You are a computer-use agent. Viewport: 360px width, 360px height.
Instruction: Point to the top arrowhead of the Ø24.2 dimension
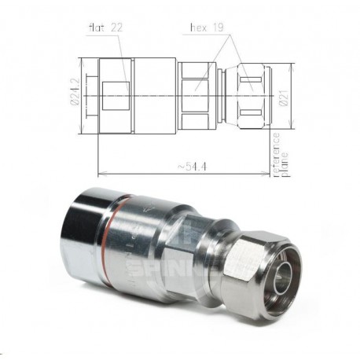pyautogui.click(x=82, y=58)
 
